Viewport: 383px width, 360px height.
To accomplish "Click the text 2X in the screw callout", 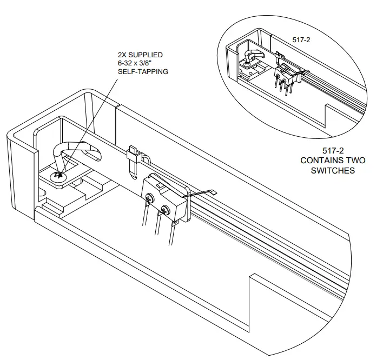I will click(x=124, y=55).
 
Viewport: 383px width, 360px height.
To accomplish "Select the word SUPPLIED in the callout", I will click(x=147, y=55).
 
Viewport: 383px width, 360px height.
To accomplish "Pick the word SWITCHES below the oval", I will click(x=333, y=170).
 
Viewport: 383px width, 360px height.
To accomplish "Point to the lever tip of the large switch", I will click(x=213, y=191).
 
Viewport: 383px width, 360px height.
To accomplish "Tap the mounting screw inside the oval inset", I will click(x=247, y=64).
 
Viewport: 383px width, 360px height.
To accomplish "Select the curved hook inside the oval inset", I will click(x=253, y=54).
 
